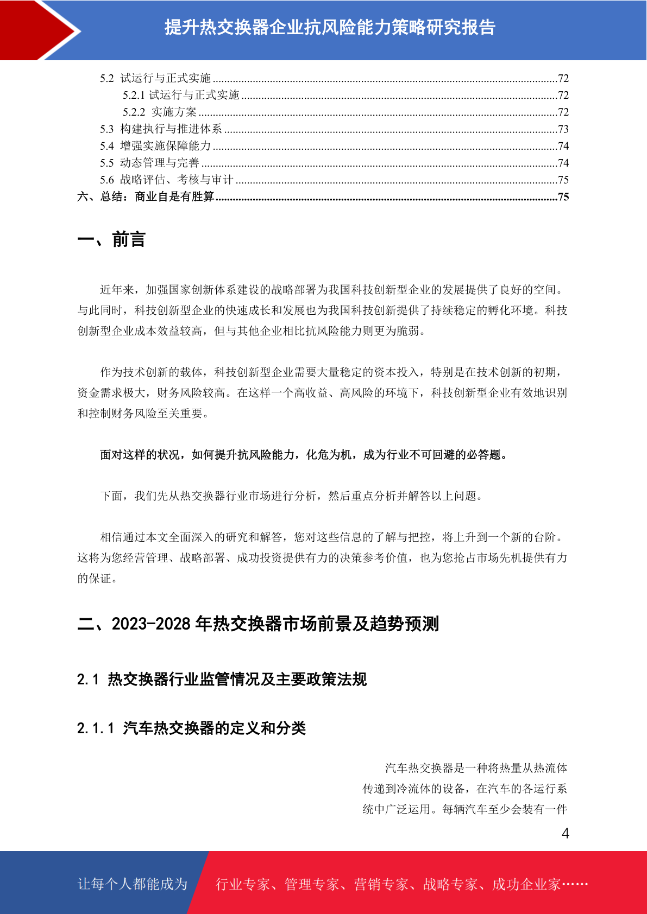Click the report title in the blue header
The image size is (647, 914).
point(330,27)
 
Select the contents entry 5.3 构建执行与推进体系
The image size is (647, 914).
point(161,129)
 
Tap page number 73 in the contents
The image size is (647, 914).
point(563,129)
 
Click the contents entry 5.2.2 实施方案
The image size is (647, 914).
point(160,112)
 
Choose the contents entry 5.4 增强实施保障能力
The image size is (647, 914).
point(155,146)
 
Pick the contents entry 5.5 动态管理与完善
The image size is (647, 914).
point(149,163)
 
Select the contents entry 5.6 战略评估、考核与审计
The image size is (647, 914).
point(166,180)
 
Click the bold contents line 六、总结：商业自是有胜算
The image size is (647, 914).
point(146,196)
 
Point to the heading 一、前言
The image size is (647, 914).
point(111,239)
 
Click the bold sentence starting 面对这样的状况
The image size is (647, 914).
point(304,455)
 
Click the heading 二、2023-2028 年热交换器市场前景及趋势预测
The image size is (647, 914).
point(258,624)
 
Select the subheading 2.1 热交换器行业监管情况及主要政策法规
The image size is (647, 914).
point(222,680)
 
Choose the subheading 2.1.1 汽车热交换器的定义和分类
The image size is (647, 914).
point(191,728)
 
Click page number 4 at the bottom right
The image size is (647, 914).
point(565,834)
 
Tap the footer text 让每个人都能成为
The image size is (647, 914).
point(133,884)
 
